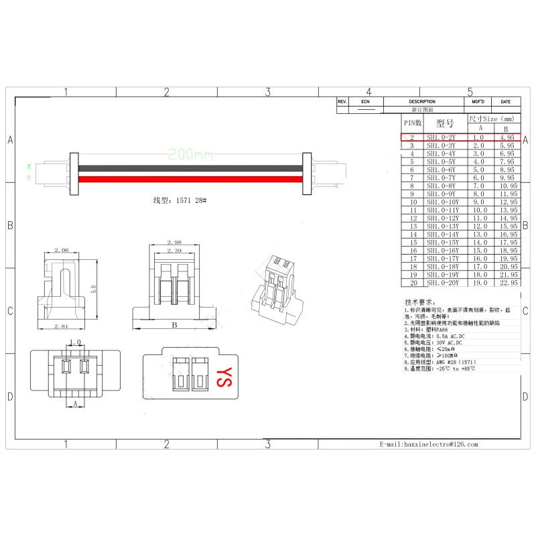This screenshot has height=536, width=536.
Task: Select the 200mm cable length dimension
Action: pyautogui.click(x=190, y=154)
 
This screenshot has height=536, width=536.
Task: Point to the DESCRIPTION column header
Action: pyautogui.click(x=422, y=101)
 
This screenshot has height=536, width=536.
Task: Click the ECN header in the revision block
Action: pyautogui.click(x=365, y=101)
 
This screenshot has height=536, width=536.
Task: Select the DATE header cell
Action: pyautogui.click(x=505, y=101)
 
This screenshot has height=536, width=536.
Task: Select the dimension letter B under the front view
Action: pyautogui.click(x=174, y=326)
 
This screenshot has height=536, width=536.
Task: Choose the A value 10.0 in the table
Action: pyautogui.click(x=480, y=210)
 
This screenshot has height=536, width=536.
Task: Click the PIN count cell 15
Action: pyautogui.click(x=413, y=242)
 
